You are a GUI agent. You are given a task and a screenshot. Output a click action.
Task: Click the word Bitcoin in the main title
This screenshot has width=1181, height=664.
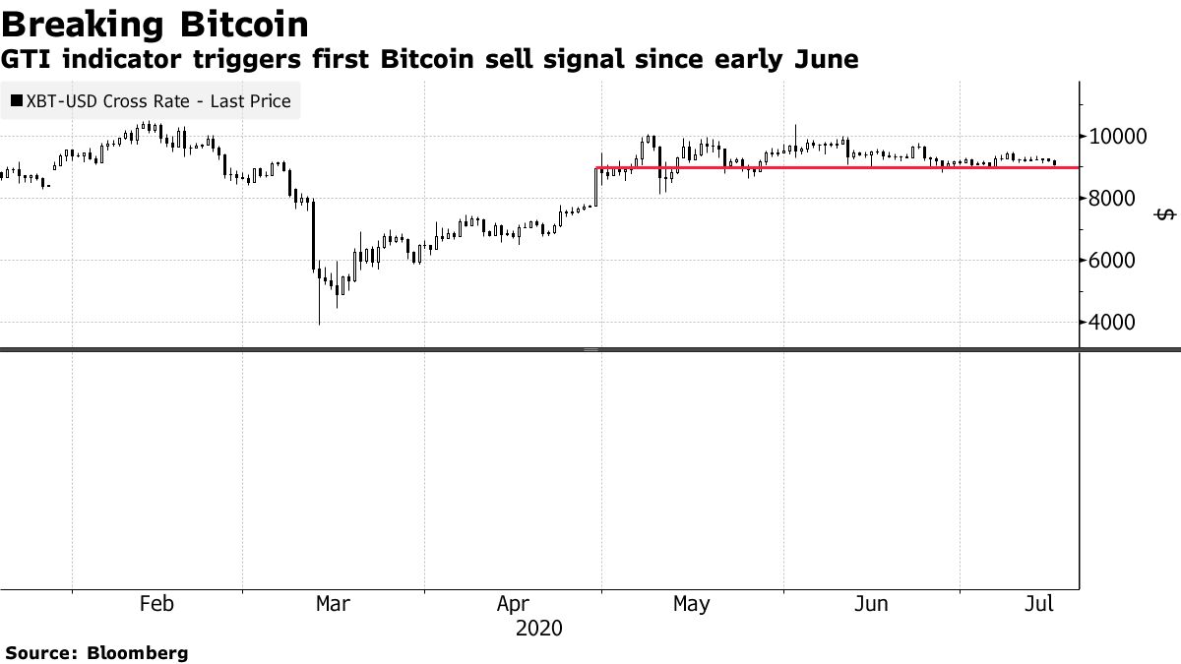245,24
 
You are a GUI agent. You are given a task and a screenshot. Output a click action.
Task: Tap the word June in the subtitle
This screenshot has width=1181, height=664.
825,60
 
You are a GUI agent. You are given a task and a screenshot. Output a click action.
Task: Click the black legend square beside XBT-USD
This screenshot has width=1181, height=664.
17,100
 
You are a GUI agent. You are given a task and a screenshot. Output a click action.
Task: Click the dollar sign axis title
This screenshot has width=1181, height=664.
1165,214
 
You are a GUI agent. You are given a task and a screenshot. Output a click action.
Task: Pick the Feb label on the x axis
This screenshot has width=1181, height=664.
156,603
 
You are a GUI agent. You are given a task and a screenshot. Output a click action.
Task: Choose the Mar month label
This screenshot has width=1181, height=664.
332,603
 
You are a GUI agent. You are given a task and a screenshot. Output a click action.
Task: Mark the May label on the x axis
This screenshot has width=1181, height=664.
691,603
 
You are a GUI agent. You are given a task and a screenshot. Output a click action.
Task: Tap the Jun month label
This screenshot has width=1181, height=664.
871,603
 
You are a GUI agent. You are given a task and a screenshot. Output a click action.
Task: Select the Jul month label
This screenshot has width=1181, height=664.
1037,603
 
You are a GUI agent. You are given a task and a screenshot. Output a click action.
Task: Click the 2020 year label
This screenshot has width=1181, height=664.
538,628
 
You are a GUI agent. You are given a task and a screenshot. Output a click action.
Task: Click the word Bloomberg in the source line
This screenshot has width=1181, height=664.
138,652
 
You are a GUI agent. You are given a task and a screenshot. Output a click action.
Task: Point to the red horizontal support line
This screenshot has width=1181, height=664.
827,168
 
